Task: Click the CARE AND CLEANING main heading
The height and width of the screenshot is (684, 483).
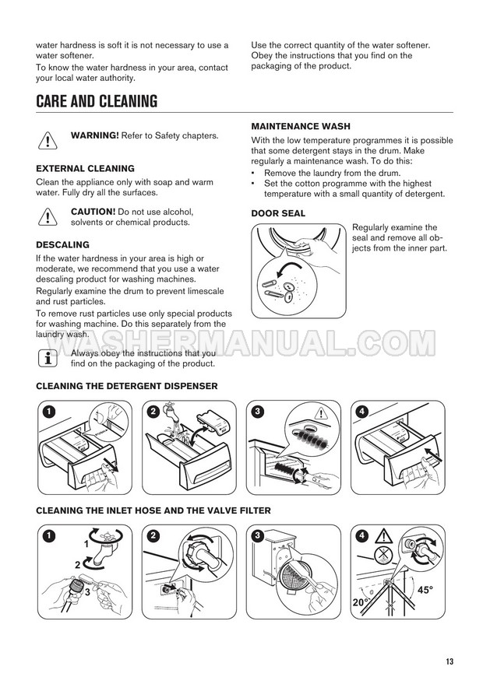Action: click(97, 101)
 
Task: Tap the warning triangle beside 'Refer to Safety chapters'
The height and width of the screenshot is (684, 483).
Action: click(48, 141)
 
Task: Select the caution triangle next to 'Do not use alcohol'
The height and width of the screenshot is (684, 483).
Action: click(48, 217)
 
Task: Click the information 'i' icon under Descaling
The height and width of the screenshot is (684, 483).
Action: click(48, 358)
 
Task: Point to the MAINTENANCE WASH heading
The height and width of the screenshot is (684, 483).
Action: click(301, 127)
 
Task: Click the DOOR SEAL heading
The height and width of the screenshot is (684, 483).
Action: click(278, 213)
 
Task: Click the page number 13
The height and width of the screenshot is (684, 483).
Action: click(450, 661)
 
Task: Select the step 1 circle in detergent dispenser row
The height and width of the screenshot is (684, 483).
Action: click(49, 412)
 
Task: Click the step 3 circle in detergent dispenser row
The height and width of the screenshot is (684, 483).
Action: click(258, 412)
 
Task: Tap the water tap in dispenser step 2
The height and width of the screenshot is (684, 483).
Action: click(169, 411)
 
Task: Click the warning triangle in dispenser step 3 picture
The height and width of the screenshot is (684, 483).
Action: click(321, 413)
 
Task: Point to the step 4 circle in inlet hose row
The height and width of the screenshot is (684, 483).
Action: click(362, 535)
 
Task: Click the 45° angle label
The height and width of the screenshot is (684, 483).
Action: click(425, 590)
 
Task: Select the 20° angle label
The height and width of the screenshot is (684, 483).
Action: click(361, 602)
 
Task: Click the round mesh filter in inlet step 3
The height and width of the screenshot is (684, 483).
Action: click(293, 575)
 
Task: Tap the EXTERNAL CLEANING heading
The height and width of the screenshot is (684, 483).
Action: click(85, 168)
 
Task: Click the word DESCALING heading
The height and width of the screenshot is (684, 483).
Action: click(62, 244)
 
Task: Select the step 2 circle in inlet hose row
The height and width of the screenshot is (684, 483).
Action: click(153, 535)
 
